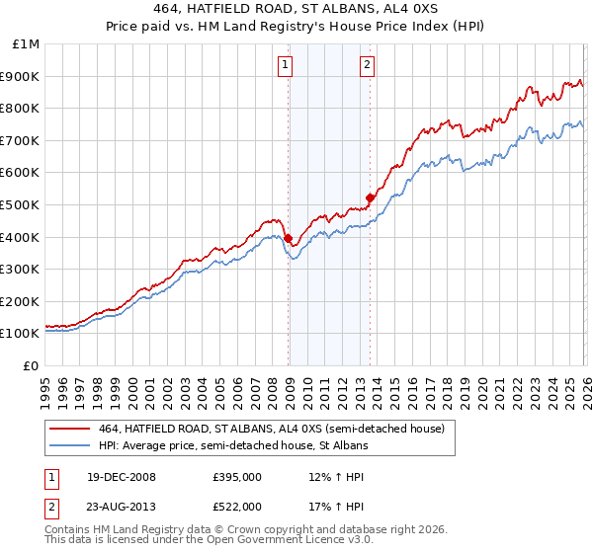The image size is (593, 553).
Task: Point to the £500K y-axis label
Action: point(20,205)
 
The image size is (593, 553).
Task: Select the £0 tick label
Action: point(31,365)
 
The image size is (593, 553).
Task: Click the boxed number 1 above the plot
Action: point(285,65)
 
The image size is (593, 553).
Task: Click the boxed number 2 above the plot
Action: point(367,65)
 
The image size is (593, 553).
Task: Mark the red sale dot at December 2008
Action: point(288,238)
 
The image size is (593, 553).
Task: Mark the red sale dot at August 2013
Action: point(370,197)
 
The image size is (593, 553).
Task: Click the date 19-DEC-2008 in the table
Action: point(114,477)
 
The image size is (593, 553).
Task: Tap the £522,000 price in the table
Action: point(236,506)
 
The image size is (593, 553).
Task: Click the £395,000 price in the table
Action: point(236,477)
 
